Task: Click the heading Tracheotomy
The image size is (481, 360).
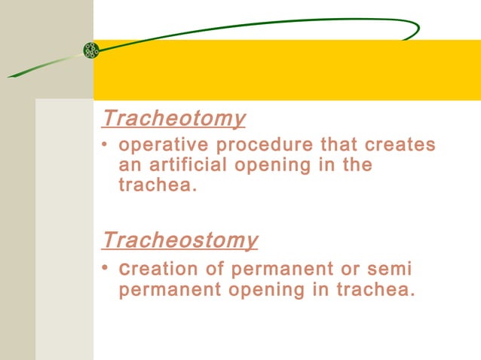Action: [173, 118]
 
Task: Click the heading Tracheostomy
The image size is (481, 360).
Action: [179, 240]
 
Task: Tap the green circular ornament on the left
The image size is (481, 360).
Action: [91, 50]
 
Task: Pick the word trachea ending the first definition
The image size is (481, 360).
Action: [157, 185]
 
